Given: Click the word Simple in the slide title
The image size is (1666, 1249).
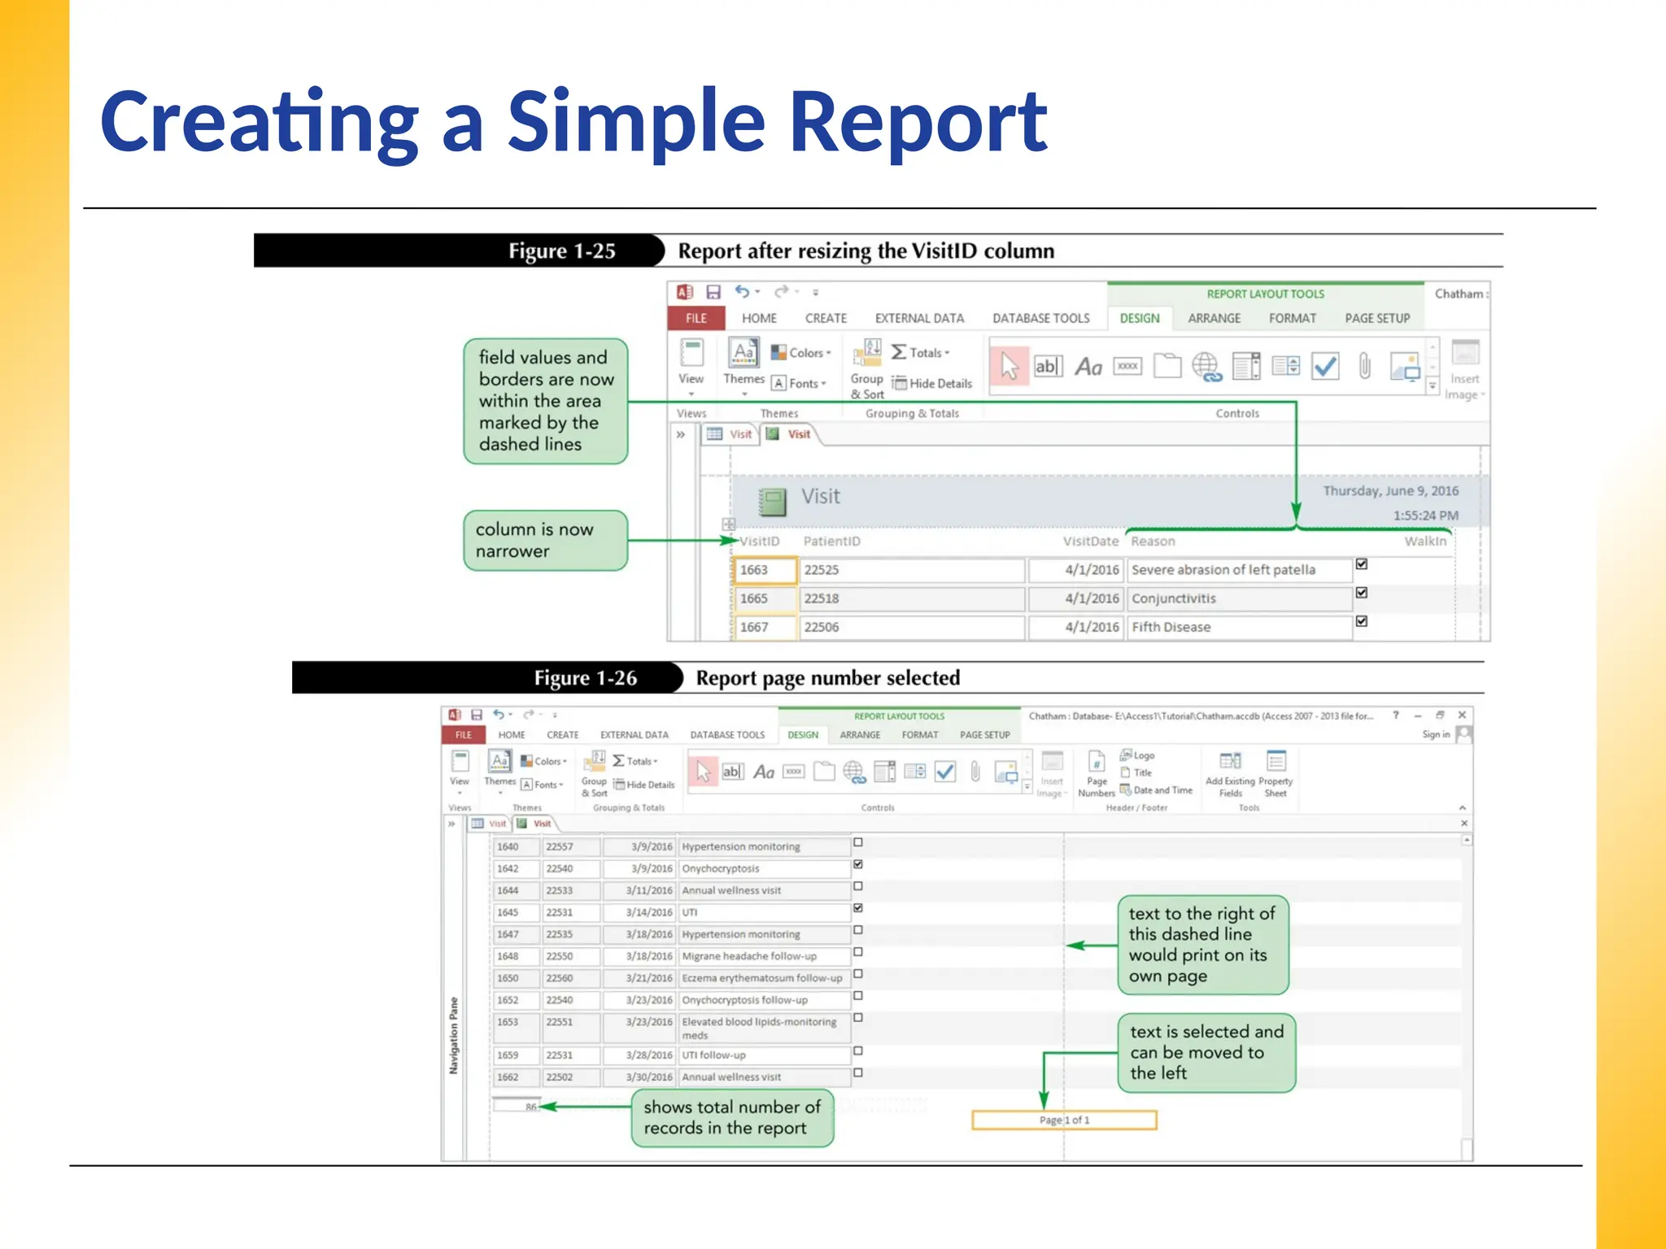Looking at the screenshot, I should (636, 122).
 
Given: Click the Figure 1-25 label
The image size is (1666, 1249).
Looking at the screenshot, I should (561, 250).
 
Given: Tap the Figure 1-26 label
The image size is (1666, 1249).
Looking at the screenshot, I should (585, 677).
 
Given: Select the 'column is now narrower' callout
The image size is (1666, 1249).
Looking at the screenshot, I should (545, 540).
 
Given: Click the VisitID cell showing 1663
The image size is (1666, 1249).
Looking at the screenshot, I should (764, 570).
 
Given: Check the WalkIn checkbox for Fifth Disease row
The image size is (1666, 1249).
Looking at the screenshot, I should (1362, 621).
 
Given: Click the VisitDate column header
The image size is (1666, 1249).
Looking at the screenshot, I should (1090, 541).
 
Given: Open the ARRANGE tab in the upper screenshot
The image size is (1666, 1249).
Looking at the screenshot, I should (1214, 318).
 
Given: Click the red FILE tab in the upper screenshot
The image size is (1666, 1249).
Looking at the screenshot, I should (696, 318).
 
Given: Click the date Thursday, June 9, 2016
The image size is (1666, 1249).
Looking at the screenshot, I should (1389, 490).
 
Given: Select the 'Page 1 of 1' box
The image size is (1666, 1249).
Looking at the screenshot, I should (1064, 1120).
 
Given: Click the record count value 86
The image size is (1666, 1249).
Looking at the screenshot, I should (530, 1107).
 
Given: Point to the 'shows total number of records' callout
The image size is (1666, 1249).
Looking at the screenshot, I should (732, 1117).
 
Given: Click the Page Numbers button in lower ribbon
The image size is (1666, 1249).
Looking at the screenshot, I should (1096, 773).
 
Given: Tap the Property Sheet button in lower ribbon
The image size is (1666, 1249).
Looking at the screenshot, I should (1275, 773).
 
